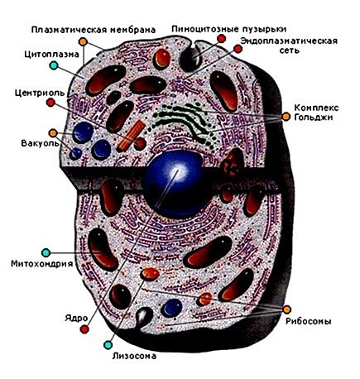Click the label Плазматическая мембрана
94,30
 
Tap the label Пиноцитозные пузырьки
229,29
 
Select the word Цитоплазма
51,54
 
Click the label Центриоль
40,93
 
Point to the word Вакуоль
40,143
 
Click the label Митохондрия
42,264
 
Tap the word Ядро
76,318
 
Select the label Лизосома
134,356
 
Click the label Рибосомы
308,321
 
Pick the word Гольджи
314,118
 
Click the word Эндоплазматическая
289,41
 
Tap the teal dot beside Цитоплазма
54,65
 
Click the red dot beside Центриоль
50,103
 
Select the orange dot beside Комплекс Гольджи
286,117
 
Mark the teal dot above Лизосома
108,345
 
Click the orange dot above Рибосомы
287,309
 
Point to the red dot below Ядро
84,329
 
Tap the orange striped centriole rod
131,137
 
